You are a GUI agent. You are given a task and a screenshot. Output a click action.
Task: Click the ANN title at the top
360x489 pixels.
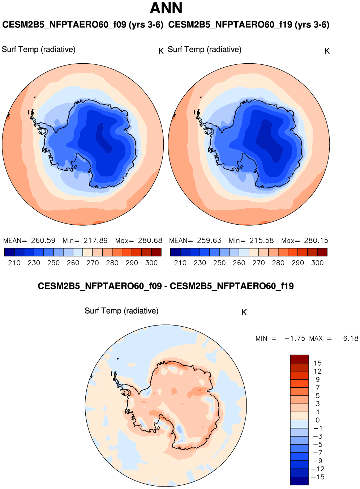click(166, 8)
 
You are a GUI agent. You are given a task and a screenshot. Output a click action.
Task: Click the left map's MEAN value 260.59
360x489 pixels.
click(43, 241)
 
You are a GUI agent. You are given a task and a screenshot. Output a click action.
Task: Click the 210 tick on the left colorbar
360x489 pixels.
click(14, 263)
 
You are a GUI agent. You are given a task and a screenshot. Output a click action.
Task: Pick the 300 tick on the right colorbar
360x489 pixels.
click(317, 263)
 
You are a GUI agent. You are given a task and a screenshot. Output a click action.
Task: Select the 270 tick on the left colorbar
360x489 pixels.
click(93, 263)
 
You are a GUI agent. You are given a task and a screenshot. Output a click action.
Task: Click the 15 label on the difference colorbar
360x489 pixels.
click(317, 363)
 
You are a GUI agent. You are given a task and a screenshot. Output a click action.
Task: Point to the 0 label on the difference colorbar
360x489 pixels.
click(318, 420)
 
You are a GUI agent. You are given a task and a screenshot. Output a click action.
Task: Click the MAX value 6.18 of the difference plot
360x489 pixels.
click(351, 339)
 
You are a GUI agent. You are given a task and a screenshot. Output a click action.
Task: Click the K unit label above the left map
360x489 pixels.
click(161, 51)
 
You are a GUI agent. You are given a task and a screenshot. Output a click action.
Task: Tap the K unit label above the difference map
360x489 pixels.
click(244, 312)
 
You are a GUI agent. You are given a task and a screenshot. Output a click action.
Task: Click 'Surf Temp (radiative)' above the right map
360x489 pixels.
click(205, 50)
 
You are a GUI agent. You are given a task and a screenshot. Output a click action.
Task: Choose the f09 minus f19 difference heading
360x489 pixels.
click(166, 286)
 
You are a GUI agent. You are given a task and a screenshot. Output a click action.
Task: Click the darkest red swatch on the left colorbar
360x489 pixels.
click(156, 252)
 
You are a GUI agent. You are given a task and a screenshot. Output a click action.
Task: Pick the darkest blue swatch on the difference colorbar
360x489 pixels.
click(299, 481)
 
